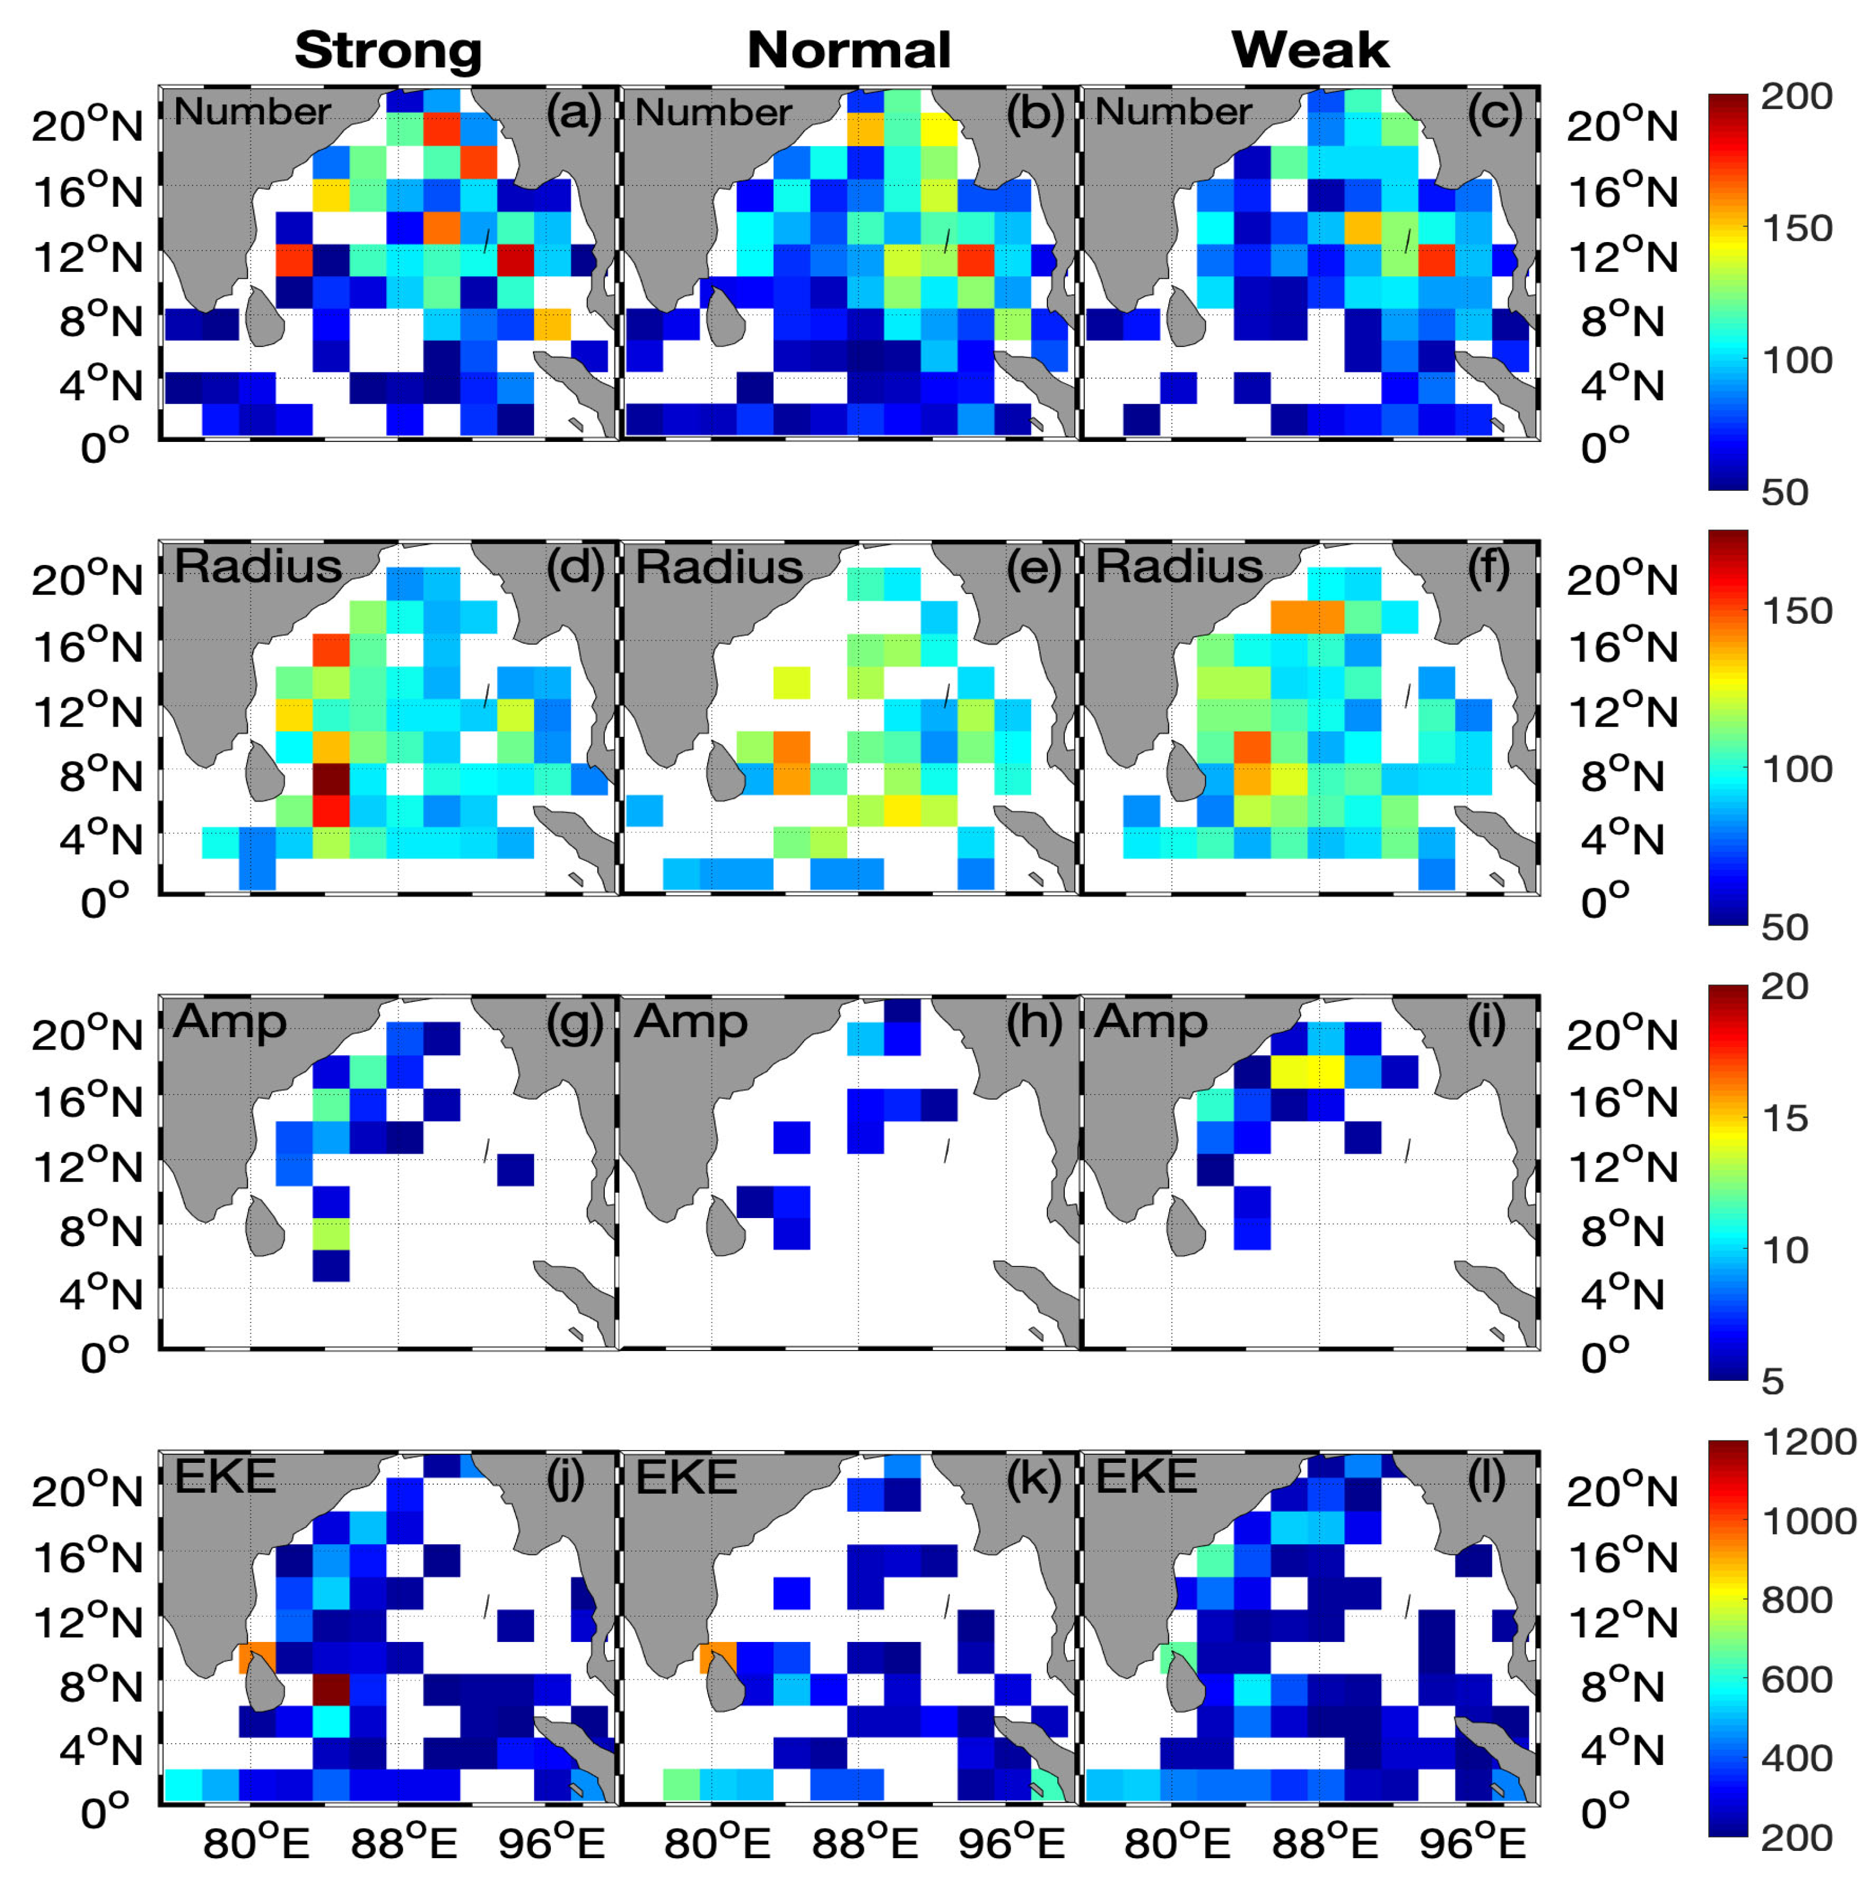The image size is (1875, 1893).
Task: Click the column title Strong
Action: (388, 49)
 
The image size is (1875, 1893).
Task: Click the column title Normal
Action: (848, 49)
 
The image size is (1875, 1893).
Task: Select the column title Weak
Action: (1310, 49)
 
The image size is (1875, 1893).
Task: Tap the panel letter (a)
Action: (574, 113)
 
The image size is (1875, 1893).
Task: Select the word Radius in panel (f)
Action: (1179, 567)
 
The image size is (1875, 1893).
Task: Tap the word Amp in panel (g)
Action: (229, 1022)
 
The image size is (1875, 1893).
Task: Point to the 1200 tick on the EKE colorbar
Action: (1808, 1442)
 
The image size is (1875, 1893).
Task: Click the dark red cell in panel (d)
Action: (331, 780)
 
